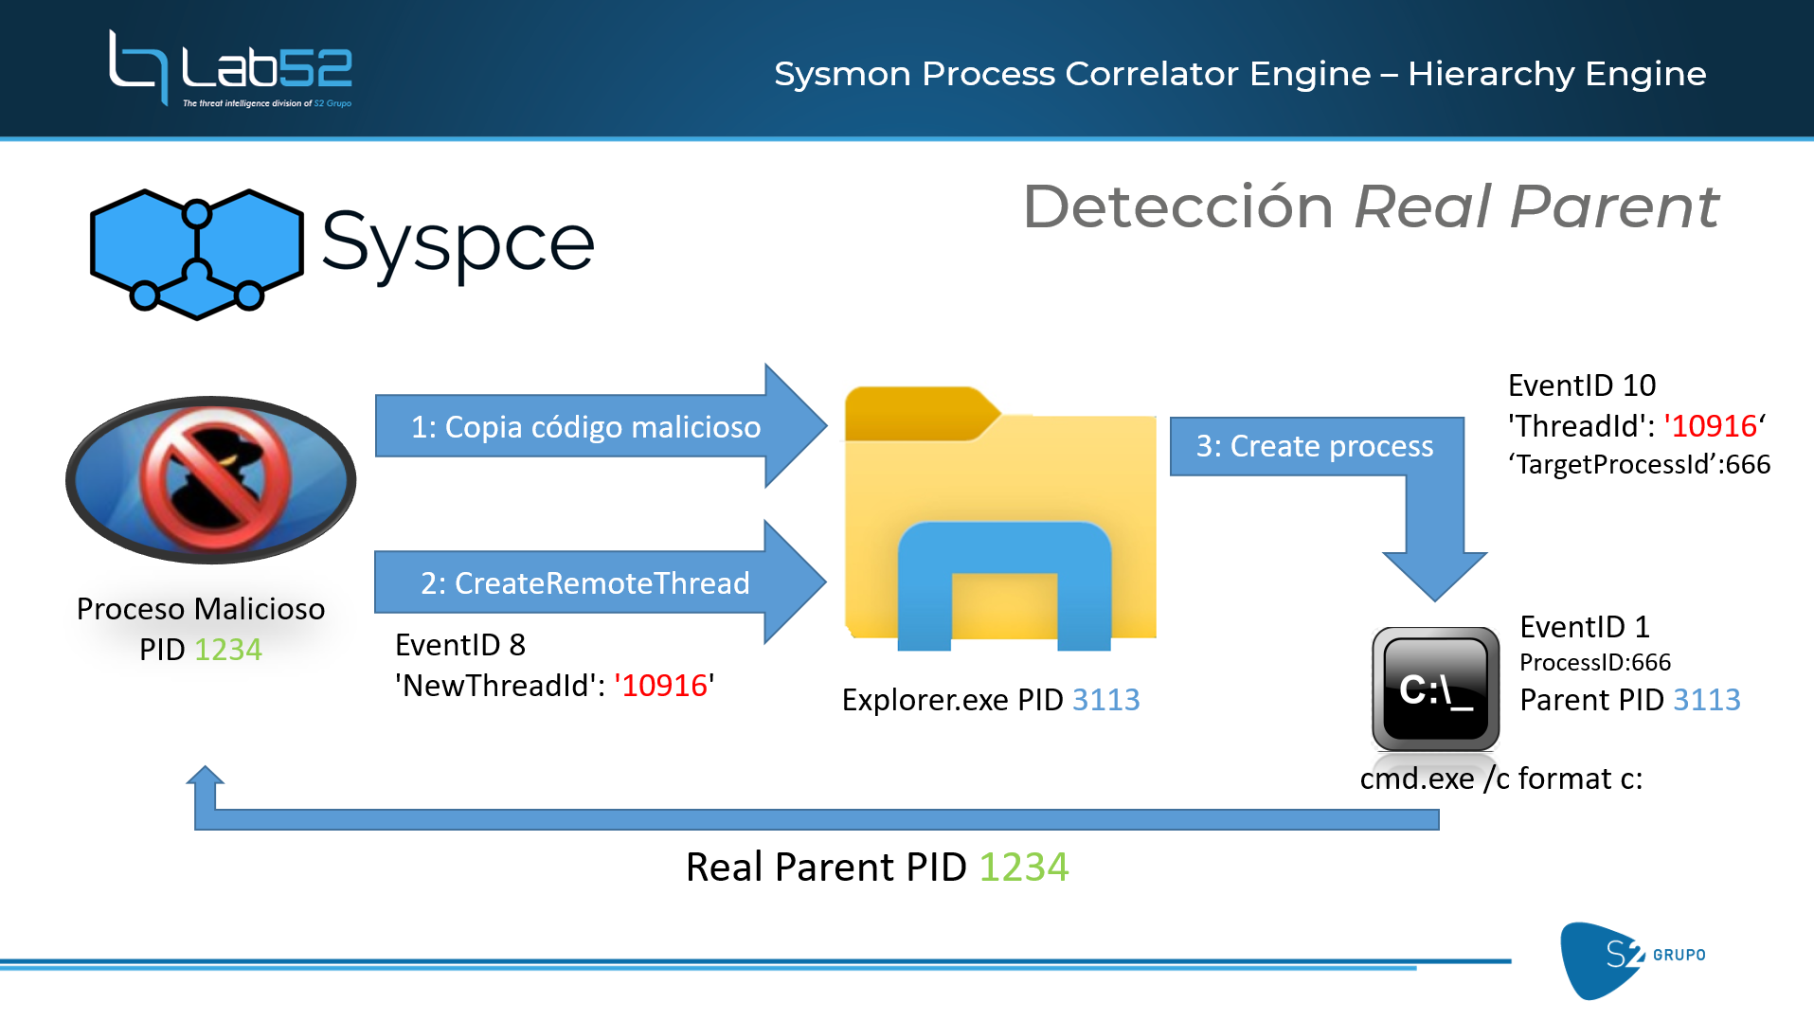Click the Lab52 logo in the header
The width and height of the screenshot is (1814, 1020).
[230, 68]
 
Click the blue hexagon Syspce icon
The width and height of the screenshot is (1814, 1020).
[196, 253]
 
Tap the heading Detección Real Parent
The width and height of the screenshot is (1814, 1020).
[1370, 206]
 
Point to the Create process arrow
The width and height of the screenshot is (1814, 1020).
[1315, 446]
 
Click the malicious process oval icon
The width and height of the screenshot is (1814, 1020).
[210, 479]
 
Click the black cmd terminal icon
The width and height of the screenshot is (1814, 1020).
[1435, 689]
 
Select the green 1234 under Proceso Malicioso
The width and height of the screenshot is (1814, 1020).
[227, 650]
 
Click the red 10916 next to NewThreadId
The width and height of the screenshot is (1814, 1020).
[664, 686]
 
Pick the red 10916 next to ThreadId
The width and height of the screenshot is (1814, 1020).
[1714, 426]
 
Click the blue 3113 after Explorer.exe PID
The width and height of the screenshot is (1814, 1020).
[1105, 700]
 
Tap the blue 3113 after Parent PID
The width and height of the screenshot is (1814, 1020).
[1706, 700]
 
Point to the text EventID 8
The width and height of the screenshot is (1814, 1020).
[459, 645]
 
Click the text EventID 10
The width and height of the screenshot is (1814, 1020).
[1581, 385]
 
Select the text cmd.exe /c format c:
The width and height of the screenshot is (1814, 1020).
[1500, 778]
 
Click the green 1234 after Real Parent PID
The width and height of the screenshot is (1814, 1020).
[1023, 867]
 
